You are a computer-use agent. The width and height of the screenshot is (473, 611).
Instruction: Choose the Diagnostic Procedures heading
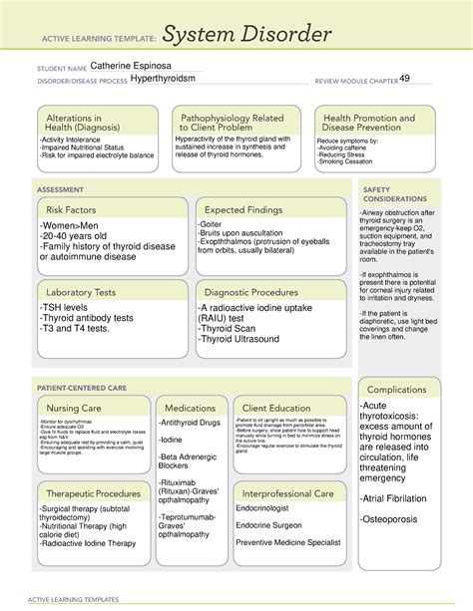coord(257,292)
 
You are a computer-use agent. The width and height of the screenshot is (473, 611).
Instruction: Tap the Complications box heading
coord(396,389)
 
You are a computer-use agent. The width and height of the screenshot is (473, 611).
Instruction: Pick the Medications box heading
coord(190,409)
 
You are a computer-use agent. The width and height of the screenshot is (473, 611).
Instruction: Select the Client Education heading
coord(275,409)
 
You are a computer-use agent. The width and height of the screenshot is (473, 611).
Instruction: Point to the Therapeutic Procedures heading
coord(92,493)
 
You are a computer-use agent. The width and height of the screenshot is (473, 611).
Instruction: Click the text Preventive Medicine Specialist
coord(289,543)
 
